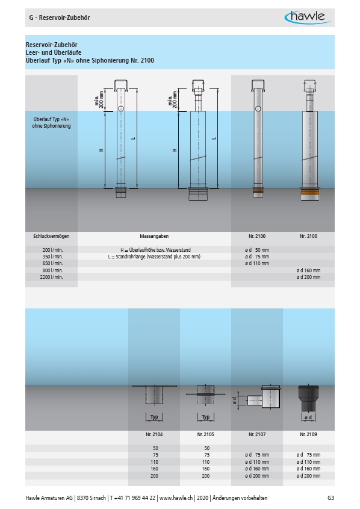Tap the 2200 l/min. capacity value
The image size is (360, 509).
pos(51,277)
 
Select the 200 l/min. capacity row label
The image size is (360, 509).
pos(52,250)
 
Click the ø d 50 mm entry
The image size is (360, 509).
pos(257,250)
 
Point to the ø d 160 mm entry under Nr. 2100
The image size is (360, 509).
pos(308,270)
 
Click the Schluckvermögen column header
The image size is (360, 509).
pos(51,236)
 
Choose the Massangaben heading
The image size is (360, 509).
pos(154,236)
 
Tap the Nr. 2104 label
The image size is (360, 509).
pos(154,434)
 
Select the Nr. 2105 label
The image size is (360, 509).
pos(206,434)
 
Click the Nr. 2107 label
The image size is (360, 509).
pos(257,434)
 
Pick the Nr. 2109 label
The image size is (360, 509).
pos(308,434)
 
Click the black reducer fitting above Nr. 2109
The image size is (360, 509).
pos(308,398)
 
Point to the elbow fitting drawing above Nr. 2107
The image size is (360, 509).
pos(263,397)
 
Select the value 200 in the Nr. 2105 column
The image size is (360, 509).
pos(206,476)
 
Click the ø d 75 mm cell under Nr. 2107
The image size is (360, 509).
pos(257,455)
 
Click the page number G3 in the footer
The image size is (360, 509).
pos(331,498)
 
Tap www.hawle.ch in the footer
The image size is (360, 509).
pos(176,498)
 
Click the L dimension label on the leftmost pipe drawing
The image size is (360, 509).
pos(133,139)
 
